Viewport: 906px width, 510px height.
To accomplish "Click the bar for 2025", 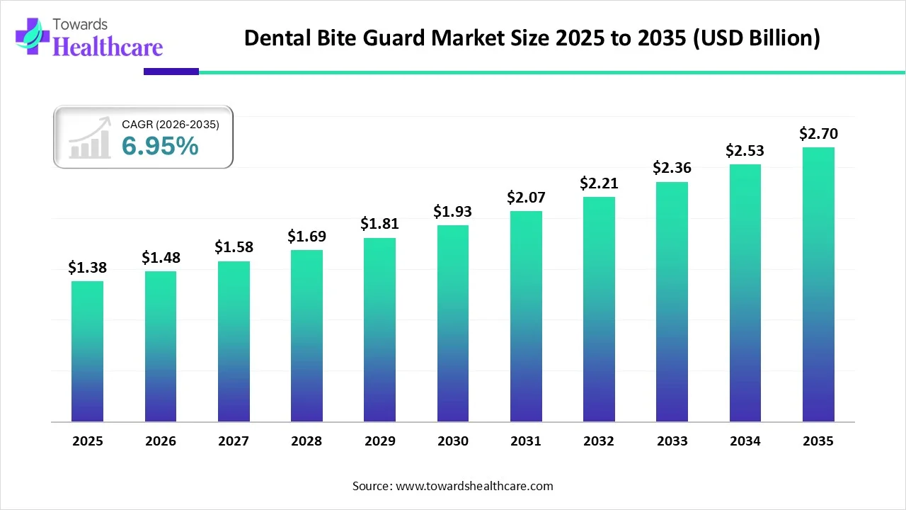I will (x=87, y=351).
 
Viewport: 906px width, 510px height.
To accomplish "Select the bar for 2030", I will (x=453, y=323).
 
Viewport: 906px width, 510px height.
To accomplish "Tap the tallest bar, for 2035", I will (x=818, y=284).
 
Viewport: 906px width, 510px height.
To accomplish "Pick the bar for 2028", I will (x=306, y=336).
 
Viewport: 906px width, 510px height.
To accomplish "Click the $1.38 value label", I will (x=87, y=267).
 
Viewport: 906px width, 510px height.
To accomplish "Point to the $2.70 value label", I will (x=818, y=133).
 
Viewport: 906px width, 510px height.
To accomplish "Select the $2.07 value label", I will (x=526, y=198).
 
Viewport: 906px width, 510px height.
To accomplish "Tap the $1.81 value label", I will (x=379, y=224).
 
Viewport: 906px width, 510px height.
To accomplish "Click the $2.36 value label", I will (x=672, y=168).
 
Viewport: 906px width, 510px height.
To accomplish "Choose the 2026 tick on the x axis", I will (x=161, y=441).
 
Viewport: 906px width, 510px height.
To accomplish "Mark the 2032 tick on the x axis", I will (x=599, y=441).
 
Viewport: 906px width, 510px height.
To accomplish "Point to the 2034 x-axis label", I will (x=745, y=441).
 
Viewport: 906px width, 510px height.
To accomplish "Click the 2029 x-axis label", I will (x=379, y=441).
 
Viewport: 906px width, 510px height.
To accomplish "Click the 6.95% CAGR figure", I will (x=160, y=146).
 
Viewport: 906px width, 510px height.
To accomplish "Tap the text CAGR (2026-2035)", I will (x=171, y=124).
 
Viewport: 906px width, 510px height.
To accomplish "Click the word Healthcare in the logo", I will (x=108, y=47).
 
